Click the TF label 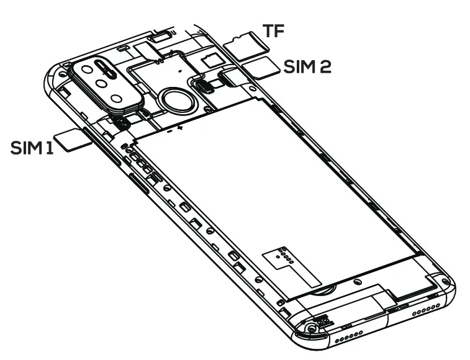click(x=274, y=32)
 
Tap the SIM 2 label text click(x=307, y=66)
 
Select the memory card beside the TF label click(x=242, y=43)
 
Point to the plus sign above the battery click(x=180, y=128)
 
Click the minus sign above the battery click(x=168, y=132)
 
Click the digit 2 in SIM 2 click(x=325, y=66)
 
